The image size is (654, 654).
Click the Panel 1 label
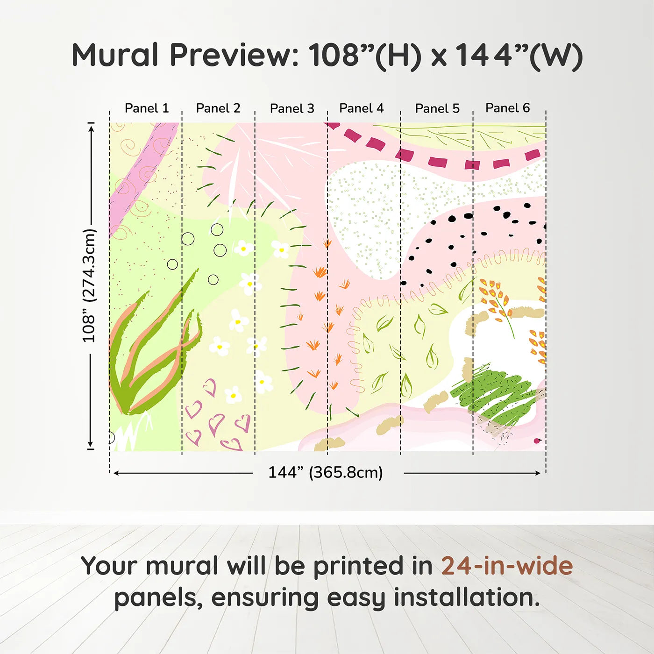147,108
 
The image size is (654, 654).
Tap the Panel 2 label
218,108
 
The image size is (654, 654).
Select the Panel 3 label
292,108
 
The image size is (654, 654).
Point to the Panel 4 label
362,108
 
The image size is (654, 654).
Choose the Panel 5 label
437,108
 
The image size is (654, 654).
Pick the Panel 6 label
507,108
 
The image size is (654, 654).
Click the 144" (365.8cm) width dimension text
326,472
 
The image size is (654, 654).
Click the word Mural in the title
115,55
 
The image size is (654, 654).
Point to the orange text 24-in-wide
507,566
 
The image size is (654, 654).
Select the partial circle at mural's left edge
112,437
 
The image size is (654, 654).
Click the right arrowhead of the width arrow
538,473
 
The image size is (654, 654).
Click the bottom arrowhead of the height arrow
90,444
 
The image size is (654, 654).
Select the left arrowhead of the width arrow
116,473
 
